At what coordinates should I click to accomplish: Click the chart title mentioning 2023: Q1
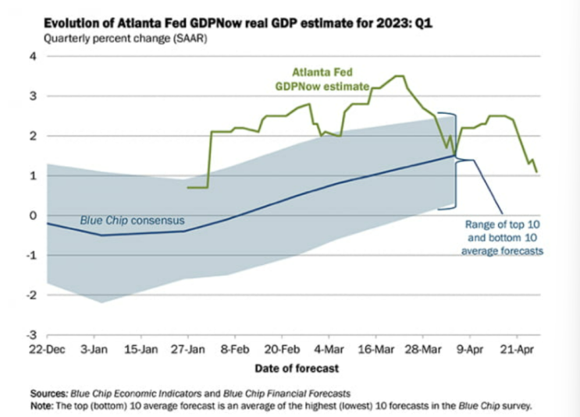click(238, 23)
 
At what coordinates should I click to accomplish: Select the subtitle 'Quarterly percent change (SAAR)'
click(126, 38)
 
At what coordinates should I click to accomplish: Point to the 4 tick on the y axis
click(34, 57)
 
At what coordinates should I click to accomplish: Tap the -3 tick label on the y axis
click(31, 335)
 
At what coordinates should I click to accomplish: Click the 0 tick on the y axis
click(34, 215)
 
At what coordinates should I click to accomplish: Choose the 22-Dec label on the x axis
click(47, 349)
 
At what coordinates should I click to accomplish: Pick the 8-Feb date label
click(235, 349)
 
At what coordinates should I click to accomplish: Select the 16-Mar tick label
click(375, 349)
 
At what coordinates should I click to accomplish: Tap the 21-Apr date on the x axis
click(517, 349)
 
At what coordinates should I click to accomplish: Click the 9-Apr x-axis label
click(470, 349)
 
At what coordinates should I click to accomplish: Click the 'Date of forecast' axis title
click(297, 368)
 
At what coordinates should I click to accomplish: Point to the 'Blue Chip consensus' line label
click(132, 221)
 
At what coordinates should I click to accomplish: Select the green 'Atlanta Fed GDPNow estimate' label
click(322, 79)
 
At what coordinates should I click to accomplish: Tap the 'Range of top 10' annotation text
click(502, 224)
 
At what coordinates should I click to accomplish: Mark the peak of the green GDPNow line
click(400, 76)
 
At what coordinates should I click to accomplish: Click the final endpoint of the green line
click(537, 171)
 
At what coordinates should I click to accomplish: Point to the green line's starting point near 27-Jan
click(188, 188)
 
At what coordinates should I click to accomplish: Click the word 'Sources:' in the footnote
click(49, 394)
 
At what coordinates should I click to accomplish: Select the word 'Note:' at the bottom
click(42, 406)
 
